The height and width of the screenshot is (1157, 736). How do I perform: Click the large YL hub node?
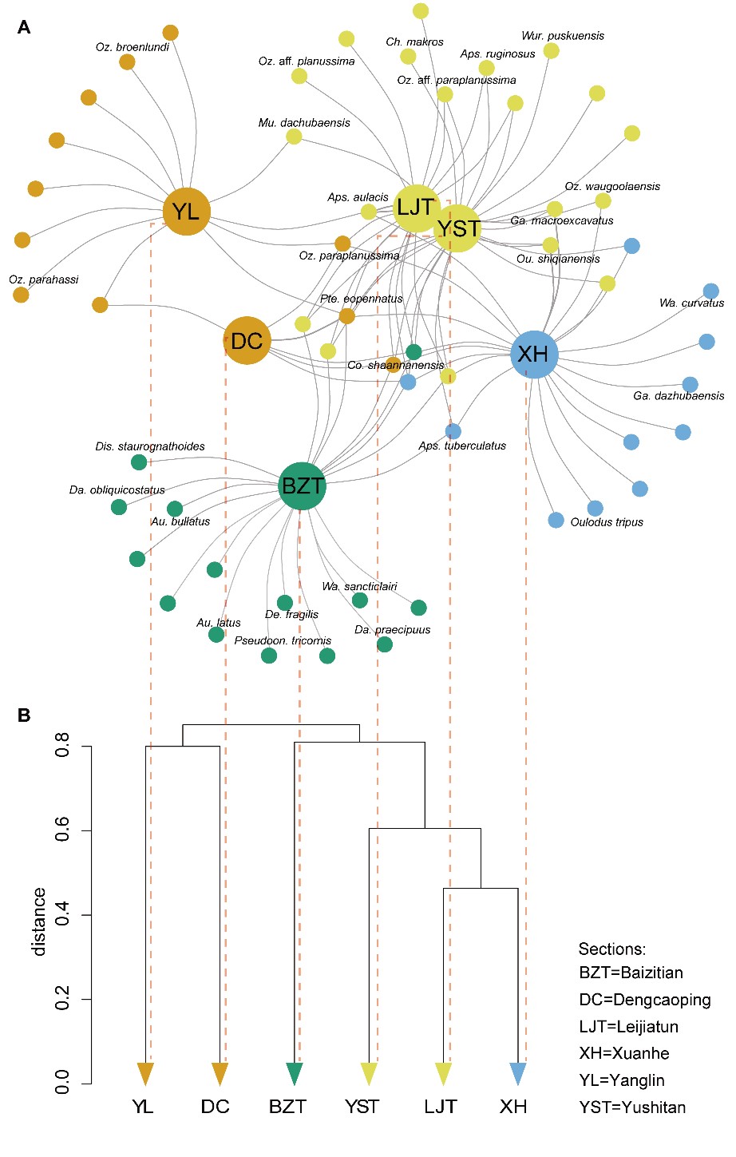click(x=186, y=212)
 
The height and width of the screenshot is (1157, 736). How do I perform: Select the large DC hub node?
click(x=247, y=341)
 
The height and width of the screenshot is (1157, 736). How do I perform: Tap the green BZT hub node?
click(x=303, y=485)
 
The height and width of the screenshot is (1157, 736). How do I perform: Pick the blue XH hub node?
click(x=533, y=354)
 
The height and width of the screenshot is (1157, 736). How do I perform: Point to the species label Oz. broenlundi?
click(x=133, y=47)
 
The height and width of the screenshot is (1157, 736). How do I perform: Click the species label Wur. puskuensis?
click(x=563, y=36)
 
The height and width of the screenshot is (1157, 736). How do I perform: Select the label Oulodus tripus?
click(x=607, y=522)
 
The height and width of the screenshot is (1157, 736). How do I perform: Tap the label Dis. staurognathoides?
click(x=150, y=446)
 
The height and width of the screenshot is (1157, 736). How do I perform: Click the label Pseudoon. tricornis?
click(x=283, y=640)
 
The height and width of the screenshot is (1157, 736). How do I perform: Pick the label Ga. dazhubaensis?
click(x=679, y=395)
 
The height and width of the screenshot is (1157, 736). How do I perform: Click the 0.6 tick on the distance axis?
click(x=63, y=830)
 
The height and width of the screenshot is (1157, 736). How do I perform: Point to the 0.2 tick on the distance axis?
click(x=63, y=999)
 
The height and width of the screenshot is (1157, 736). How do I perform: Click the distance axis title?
click(x=38, y=921)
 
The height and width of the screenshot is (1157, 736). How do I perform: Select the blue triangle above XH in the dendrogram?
click(x=517, y=1074)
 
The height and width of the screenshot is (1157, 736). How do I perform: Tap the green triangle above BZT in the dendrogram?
click(x=295, y=1074)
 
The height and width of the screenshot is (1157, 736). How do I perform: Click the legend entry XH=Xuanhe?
click(x=624, y=1053)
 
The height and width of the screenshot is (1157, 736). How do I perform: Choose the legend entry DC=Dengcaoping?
click(x=644, y=1000)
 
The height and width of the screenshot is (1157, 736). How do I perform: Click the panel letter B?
click(x=24, y=715)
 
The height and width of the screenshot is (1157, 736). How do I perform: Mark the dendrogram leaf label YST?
click(x=362, y=1107)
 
